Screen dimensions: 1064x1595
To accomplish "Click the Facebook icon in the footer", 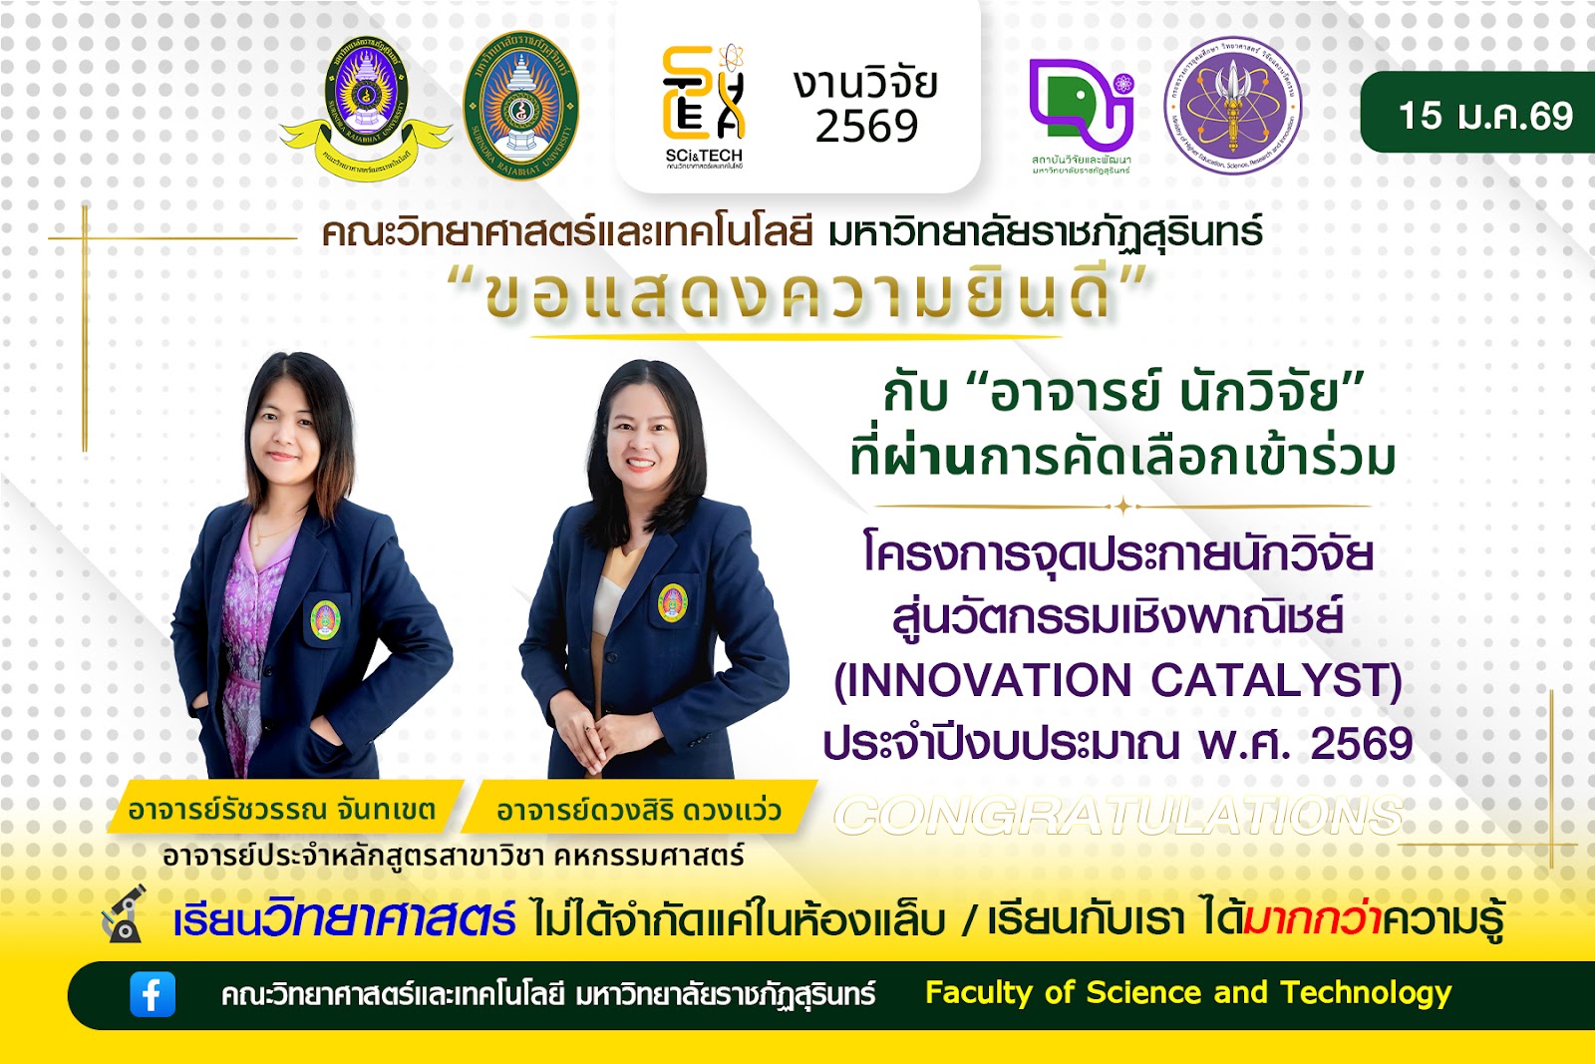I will point(153,994).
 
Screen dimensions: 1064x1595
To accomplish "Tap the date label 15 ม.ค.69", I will point(1484,116).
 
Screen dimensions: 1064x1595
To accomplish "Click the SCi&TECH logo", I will point(704,105).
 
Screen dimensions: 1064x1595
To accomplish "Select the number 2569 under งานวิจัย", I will point(866,127).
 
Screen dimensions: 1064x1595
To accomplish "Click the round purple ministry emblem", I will point(1233,106).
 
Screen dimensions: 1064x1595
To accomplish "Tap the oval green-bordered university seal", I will point(520,106).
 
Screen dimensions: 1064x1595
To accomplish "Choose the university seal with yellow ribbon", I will point(366,110).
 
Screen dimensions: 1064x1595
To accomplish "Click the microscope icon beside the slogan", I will point(125,914).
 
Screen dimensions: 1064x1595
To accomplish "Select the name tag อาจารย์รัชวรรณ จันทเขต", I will point(282,810).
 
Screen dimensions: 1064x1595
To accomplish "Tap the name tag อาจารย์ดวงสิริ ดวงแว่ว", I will point(638,810).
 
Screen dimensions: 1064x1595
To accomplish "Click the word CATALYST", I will point(1276,681).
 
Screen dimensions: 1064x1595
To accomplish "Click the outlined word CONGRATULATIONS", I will point(1118,817).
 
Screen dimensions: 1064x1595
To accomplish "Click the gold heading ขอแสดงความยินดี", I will point(797,295).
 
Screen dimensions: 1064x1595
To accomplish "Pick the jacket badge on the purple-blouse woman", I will point(325,620).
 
